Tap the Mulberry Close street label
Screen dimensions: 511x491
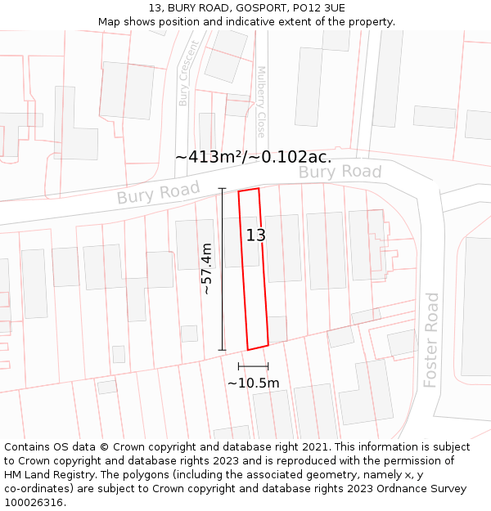coord(262,101)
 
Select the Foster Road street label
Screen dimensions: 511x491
coord(431,340)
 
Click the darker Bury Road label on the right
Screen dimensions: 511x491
coord(340,172)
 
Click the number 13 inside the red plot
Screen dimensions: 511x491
coord(256,235)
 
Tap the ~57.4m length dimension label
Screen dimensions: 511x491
coord(206,268)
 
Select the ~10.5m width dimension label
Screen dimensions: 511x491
coord(253,383)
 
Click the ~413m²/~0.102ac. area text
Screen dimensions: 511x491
coord(253,156)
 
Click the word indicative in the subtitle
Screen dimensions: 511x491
coord(231,21)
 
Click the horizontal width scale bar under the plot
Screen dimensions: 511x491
coord(253,365)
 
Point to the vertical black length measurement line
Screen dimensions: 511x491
coord(222,269)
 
